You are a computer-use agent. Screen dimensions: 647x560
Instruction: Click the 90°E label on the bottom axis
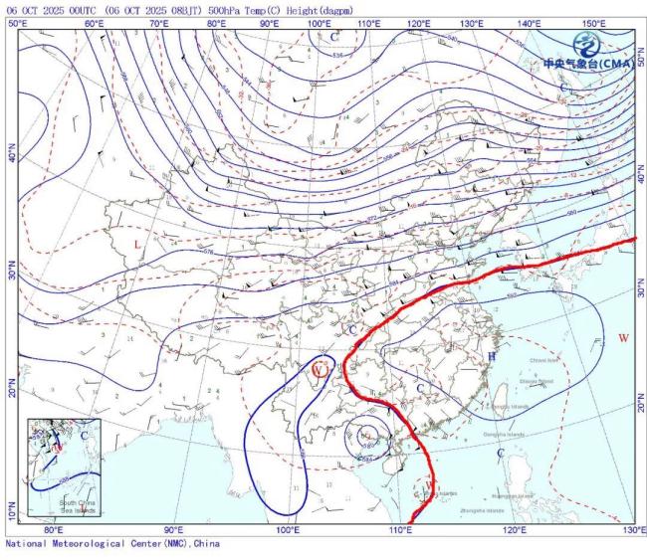click(x=174, y=530)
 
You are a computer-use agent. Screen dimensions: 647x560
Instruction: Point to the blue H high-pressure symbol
click(x=491, y=356)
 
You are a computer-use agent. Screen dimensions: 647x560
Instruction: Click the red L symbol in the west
click(x=137, y=244)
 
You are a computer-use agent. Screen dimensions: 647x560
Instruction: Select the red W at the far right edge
click(x=623, y=339)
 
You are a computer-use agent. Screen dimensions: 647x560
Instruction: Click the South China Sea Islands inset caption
click(x=82, y=505)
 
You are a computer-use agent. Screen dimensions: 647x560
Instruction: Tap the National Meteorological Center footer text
click(x=111, y=544)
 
